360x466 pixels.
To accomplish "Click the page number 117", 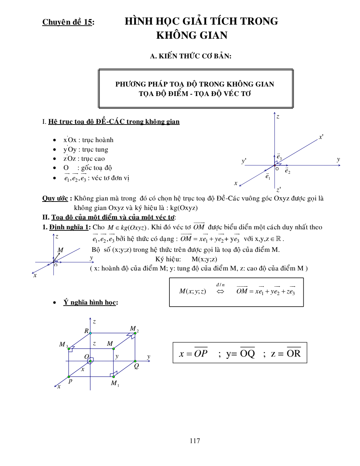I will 195,441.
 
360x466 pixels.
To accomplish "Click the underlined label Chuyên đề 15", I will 67,22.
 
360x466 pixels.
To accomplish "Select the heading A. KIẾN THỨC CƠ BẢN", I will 191,56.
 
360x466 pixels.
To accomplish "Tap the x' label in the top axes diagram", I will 321,137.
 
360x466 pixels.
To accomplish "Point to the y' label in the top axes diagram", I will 244,161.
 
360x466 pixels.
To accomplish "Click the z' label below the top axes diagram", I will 278,190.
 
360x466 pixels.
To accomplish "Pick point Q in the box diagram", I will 136,366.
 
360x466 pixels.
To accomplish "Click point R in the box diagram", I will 86,331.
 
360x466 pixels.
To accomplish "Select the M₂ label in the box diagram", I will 134,329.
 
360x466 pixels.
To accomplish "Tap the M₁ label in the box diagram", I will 115,383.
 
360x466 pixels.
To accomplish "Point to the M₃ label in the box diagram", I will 63,345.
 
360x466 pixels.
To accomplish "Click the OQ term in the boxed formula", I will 247,353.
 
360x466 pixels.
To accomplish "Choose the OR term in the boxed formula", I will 294,353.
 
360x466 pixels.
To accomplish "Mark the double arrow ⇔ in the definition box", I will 220,292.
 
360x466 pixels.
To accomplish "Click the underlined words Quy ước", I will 55,198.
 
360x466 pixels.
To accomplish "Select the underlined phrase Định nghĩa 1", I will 69,227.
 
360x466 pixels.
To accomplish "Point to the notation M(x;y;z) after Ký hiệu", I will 204,259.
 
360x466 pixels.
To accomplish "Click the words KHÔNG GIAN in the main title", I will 192,36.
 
